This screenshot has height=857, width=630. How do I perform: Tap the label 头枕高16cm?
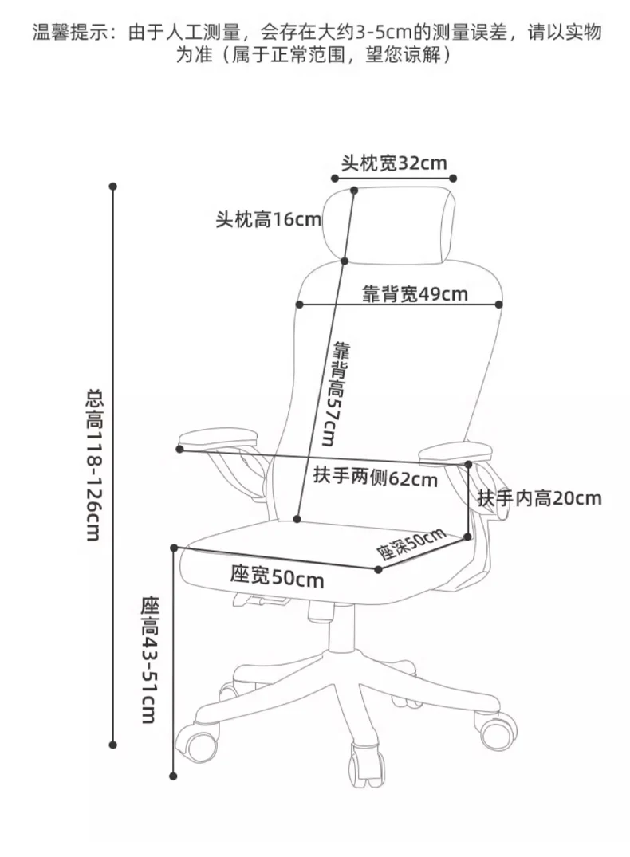click(x=268, y=219)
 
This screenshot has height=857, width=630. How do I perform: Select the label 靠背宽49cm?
click(x=415, y=293)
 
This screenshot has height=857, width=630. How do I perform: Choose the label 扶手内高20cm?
click(x=539, y=499)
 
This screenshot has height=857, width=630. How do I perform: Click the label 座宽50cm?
click(x=277, y=576)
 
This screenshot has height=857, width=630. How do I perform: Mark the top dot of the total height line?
click(x=113, y=187)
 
